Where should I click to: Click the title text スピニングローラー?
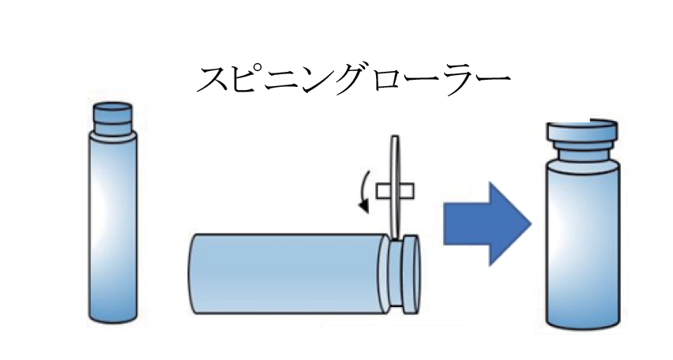352,79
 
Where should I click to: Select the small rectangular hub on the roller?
395,190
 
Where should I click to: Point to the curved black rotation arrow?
363,189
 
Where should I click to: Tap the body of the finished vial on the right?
582,245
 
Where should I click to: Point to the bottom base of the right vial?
582,321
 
